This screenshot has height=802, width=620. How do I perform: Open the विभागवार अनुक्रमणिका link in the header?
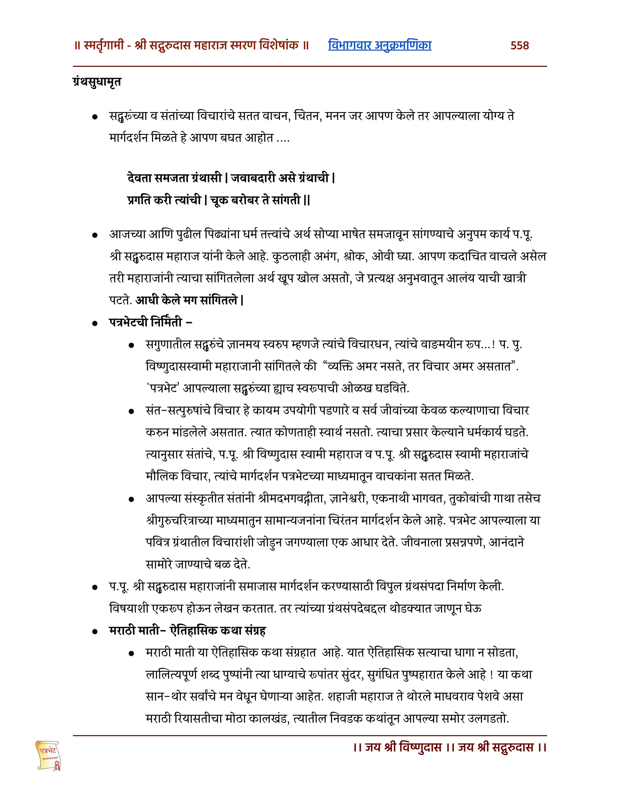pyautogui.click(x=380, y=45)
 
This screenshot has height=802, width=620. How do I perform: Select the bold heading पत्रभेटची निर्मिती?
pyautogui.click(x=146, y=322)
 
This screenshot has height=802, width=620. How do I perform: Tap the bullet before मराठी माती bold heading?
pyautogui.click(x=95, y=632)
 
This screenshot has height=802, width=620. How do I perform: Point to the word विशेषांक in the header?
pyautogui.click(x=279, y=45)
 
